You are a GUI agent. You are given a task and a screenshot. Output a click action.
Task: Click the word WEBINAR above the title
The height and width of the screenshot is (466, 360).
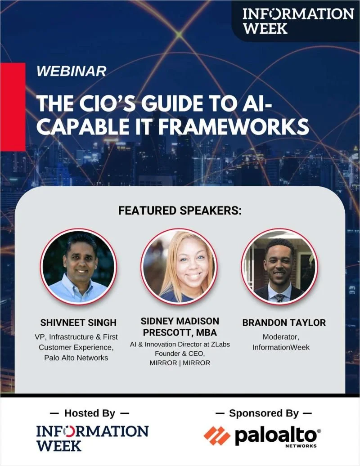[72, 71]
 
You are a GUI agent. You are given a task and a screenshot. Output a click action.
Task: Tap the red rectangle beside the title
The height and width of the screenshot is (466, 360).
[13, 107]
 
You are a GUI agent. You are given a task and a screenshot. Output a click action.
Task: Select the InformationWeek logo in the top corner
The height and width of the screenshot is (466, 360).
[297, 21]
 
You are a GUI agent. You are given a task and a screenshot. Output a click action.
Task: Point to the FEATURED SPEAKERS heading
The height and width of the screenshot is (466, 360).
[180, 211]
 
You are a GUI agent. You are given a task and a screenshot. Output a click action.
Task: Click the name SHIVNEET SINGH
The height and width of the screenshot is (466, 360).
[78, 323]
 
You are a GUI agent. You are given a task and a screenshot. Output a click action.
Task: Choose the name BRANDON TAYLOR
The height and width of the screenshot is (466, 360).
[284, 323]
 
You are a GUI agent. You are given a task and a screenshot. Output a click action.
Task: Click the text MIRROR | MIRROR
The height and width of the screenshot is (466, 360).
[180, 363]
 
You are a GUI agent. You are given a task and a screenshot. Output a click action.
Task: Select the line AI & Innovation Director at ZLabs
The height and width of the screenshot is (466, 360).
[180, 344]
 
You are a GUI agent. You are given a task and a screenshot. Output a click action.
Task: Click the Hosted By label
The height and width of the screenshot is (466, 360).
[90, 413]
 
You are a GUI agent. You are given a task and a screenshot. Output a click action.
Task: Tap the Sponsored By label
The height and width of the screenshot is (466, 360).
[264, 413]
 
